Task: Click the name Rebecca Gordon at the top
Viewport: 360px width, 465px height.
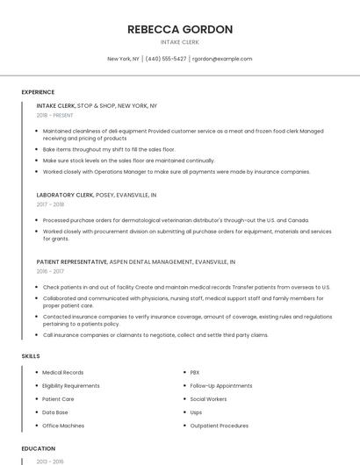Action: (180, 29)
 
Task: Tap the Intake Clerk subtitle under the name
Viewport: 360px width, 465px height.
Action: (180, 41)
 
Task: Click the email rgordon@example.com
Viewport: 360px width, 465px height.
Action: (222, 59)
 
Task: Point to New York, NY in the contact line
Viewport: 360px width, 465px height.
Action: (123, 59)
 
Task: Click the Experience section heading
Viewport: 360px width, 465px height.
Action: (38, 92)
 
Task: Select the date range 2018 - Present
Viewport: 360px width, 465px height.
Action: (55, 115)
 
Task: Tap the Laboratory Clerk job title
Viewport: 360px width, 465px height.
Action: (65, 195)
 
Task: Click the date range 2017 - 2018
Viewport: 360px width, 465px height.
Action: (50, 204)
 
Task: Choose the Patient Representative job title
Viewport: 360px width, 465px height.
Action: (72, 261)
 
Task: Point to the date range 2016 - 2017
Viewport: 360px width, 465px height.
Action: (50, 271)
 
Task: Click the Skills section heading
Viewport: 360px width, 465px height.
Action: (30, 356)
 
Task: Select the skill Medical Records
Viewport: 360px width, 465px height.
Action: (63, 373)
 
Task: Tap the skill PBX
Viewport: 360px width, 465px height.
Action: (195, 373)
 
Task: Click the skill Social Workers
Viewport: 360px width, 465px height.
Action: (208, 399)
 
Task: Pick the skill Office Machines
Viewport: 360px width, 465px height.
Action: (63, 426)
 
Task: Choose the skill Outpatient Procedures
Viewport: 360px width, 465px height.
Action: (220, 426)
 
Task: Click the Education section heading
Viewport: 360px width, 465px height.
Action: (38, 448)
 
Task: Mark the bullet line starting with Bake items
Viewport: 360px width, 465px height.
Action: (109, 150)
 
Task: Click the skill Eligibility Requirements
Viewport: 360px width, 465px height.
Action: (71, 386)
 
